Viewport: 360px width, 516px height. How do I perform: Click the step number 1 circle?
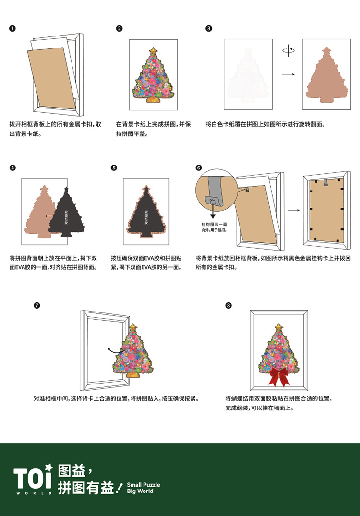(x=12, y=29)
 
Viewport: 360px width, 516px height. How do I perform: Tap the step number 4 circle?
(x=12, y=168)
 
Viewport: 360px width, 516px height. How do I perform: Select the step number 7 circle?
(x=37, y=305)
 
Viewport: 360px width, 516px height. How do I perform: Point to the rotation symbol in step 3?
(x=288, y=50)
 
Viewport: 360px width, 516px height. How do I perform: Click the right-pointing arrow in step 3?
(x=288, y=74)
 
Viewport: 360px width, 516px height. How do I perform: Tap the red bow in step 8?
(x=279, y=376)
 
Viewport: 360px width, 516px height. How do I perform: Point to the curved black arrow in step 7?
(x=114, y=351)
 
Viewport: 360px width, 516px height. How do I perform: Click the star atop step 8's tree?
(x=279, y=327)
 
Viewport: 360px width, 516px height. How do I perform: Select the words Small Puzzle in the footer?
(x=144, y=485)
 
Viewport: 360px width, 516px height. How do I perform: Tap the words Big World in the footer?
(x=140, y=491)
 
